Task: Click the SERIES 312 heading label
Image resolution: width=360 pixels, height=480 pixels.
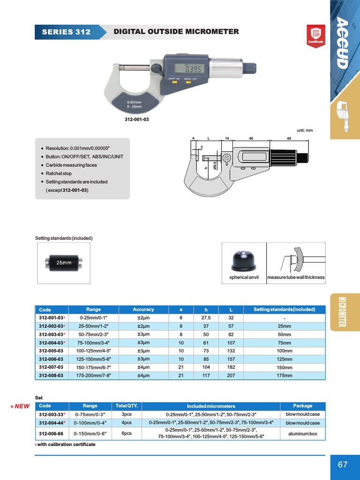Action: [66, 32]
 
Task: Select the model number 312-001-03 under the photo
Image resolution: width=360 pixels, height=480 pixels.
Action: [137, 120]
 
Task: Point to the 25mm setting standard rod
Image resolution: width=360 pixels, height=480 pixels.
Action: [64, 262]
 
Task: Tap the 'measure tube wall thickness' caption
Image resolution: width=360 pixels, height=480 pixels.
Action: [296, 277]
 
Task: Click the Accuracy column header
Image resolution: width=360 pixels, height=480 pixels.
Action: [143, 309]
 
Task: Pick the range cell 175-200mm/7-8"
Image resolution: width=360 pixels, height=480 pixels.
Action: [94, 375]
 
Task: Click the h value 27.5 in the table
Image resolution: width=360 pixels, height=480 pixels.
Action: [206, 318]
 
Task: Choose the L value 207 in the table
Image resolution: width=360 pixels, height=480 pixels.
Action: [231, 375]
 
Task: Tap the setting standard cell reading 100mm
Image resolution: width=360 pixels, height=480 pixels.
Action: [285, 351]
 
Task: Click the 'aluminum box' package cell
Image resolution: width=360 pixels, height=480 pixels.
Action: [303, 434]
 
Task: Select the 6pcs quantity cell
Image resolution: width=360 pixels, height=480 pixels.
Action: [127, 434]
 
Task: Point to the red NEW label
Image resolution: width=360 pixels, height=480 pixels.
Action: [20, 406]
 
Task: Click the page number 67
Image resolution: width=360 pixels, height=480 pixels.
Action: [343, 465]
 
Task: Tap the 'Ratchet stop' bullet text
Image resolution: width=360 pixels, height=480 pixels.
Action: [59, 173]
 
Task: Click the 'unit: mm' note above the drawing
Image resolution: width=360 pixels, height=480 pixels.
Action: [305, 130]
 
